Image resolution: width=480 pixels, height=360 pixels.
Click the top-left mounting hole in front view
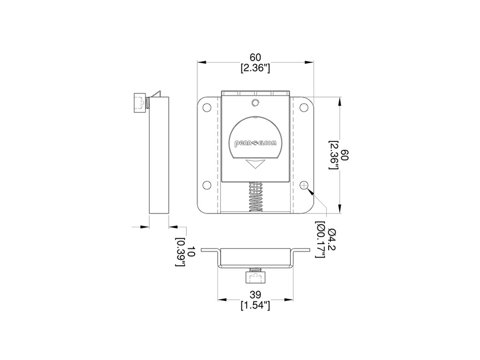(x=207, y=108)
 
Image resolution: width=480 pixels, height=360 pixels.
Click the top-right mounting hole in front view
(x=305, y=108)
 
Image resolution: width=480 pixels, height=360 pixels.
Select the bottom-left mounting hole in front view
(x=207, y=185)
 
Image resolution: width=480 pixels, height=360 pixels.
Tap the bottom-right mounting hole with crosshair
(x=305, y=185)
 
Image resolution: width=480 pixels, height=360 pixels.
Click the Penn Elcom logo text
(x=255, y=145)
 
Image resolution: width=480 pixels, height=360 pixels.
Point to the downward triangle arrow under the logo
(x=255, y=164)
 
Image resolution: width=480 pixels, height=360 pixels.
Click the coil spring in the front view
(x=256, y=197)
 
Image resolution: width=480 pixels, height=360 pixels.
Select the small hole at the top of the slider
(x=255, y=102)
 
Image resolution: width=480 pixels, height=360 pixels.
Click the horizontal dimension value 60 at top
(x=256, y=57)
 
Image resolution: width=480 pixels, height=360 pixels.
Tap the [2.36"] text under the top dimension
(x=256, y=67)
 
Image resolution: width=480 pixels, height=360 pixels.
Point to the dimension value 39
(x=256, y=295)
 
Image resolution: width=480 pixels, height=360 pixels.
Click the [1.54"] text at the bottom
(x=256, y=305)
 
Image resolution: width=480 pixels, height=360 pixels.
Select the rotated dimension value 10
(x=190, y=252)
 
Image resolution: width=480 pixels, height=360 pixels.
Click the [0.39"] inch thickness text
(x=180, y=252)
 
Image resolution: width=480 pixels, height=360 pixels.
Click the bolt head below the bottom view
(x=255, y=278)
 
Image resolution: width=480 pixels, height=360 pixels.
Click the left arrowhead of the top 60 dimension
(x=202, y=62)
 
